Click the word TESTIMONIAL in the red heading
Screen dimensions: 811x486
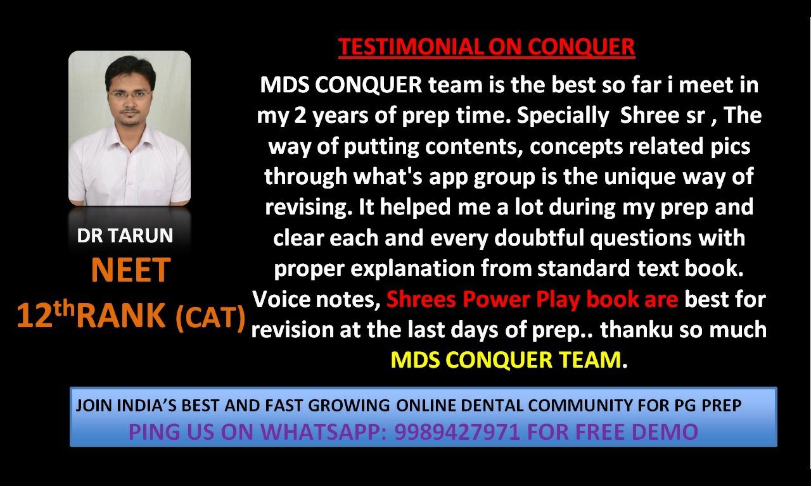point(410,47)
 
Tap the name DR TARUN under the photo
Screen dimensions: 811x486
point(125,235)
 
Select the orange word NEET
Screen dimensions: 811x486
point(131,270)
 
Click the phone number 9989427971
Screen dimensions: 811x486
point(457,432)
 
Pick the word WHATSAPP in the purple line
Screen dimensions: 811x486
point(323,432)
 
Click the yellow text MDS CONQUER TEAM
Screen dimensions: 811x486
point(506,360)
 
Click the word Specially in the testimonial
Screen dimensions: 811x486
point(563,116)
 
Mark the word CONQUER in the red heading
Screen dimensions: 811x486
point(581,47)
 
